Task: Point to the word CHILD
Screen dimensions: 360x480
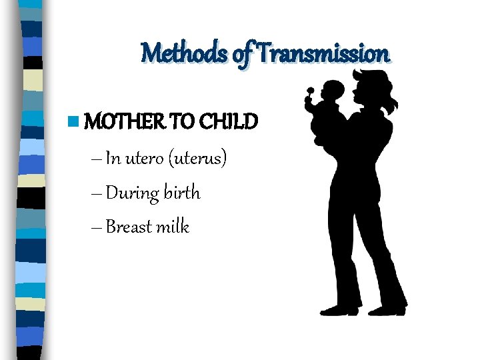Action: [x=229, y=122]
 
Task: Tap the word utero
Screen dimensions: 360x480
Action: [x=144, y=159]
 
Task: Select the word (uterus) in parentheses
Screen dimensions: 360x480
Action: [x=198, y=159]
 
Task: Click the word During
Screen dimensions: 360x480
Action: [x=133, y=193]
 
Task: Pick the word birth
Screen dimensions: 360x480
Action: [x=183, y=193]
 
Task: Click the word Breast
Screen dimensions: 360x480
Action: [x=127, y=227]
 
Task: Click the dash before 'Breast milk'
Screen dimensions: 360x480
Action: [x=95, y=227]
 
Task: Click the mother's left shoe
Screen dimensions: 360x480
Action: [x=339, y=310]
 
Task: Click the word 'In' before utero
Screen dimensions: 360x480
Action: [x=113, y=159]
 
